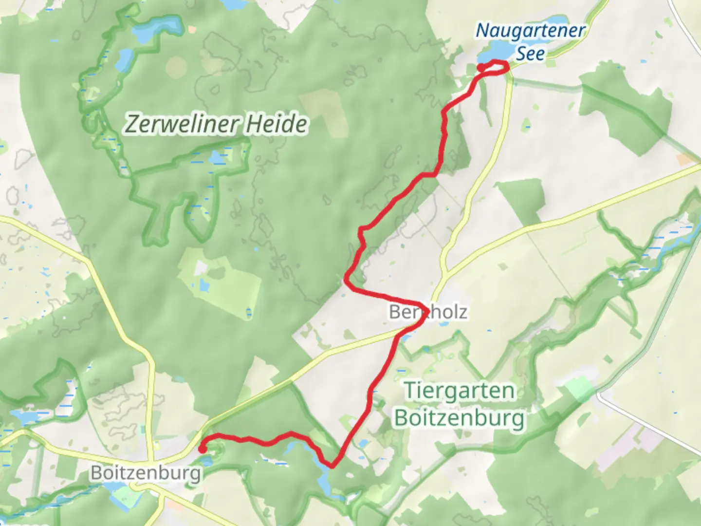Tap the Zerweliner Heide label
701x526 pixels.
[216, 124]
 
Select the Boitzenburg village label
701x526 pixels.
[146, 472]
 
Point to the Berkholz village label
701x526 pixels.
[428, 312]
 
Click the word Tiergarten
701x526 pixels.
[459, 391]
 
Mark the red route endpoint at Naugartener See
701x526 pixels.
[481, 68]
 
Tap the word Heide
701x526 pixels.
[276, 124]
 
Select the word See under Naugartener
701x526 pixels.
[530, 54]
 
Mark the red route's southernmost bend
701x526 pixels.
[332, 466]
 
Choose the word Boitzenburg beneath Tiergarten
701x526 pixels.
[459, 418]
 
